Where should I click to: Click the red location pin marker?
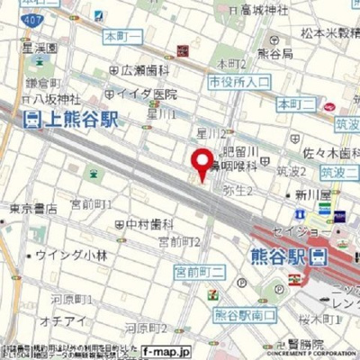pyautogui.click(x=203, y=162)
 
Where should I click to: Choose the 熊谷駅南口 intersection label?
pyautogui.click(x=244, y=314)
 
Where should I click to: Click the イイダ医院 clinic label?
pyautogui.click(x=146, y=94)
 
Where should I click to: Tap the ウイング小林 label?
pyautogui.click(x=74, y=256)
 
